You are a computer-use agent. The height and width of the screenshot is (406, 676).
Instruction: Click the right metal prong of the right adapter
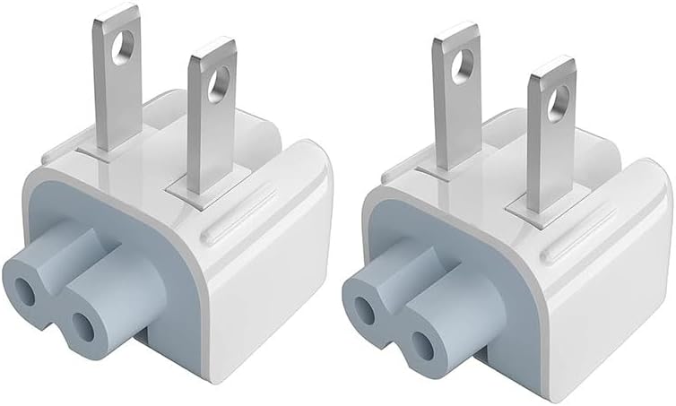[x=548, y=134]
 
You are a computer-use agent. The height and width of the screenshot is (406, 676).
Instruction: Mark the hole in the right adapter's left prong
[x=464, y=64]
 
